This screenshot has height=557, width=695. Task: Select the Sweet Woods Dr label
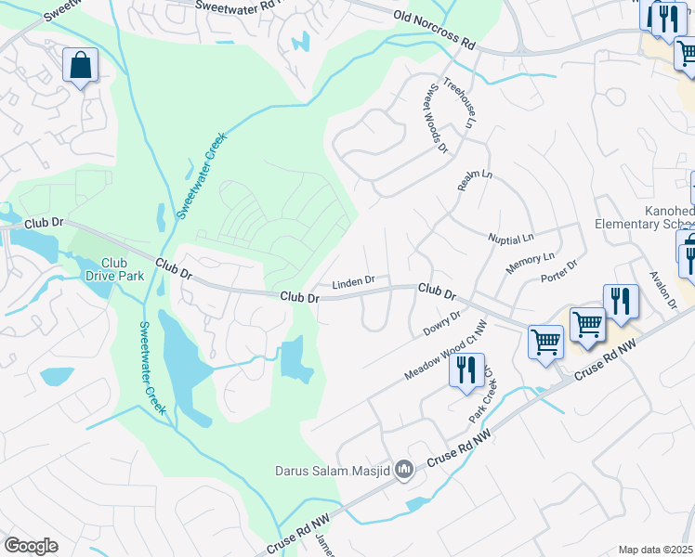coord(435,121)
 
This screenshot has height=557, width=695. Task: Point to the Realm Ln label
coord(474,181)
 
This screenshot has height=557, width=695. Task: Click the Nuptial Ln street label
coord(511,239)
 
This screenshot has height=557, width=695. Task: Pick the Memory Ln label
coord(530,263)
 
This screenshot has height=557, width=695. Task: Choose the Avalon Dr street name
coord(663,291)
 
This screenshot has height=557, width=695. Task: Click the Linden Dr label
coord(353,280)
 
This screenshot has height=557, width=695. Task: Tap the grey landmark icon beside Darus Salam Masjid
coord(403,471)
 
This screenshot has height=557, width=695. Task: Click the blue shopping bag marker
coord(81,66)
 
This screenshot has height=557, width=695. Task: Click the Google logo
coord(32,545)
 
